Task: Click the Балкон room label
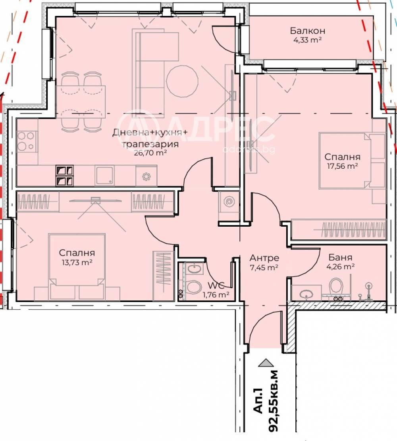pos(308,31)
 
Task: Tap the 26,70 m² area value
pos(150,153)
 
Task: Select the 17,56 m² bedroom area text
pos(342,166)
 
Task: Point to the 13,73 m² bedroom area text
pos(77,262)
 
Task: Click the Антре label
pos(264,258)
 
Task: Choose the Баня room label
pos(340,257)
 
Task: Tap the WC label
pos(216,285)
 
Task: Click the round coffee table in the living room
pos(182,81)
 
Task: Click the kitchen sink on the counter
pos(105,176)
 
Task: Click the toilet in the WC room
pos(194,287)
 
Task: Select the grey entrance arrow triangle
pos(266,362)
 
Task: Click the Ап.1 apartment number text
pos(258,401)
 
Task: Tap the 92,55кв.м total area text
pos(273,401)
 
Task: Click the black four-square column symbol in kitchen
pos(65,176)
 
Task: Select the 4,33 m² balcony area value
pos(308,40)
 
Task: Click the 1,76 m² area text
pos(216,295)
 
